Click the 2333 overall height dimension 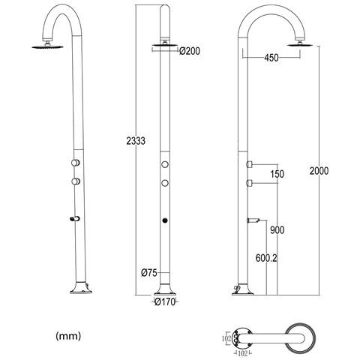pos(136,141)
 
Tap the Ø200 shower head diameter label pos(190,51)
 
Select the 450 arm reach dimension pos(271,58)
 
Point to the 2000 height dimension pos(319,171)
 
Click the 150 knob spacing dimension pos(277,174)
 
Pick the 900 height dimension pos(277,230)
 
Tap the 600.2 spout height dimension pos(266,258)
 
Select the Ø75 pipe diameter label pos(149,273)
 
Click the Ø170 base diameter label pos(165,302)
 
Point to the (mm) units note pos(68,336)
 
